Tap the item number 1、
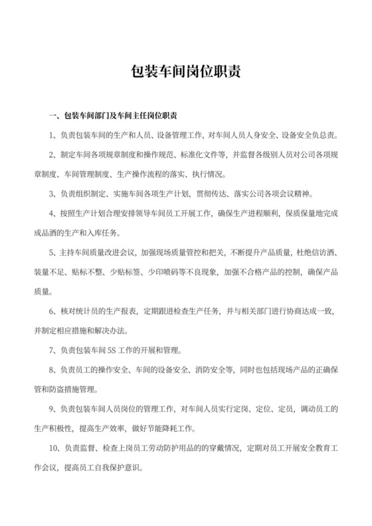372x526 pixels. [x=54, y=136]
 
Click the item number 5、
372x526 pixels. [x=54, y=253]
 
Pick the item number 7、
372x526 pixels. [x=54, y=350]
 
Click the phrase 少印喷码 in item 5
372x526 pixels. [x=158, y=272]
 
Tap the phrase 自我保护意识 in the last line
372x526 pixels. [x=122, y=466]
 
